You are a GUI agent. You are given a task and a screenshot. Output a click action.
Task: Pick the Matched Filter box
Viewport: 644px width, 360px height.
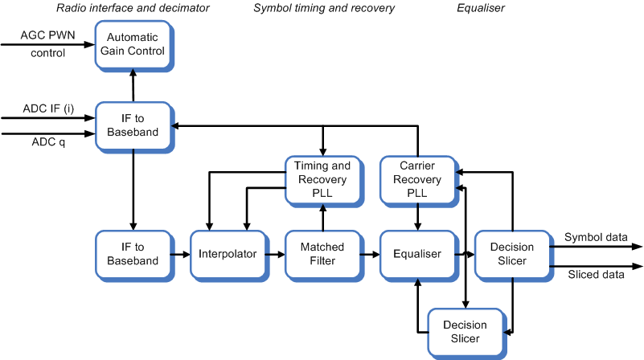click(x=322, y=254)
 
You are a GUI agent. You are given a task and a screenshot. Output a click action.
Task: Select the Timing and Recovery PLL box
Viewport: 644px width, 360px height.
click(x=322, y=179)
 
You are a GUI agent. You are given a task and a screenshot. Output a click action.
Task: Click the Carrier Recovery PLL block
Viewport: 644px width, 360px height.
click(x=416, y=179)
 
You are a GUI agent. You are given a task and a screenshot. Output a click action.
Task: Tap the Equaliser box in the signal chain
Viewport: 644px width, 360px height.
click(x=416, y=254)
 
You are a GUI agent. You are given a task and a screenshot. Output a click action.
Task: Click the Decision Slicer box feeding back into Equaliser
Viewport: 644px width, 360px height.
click(x=464, y=331)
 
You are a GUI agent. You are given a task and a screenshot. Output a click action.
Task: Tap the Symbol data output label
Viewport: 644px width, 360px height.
click(x=596, y=237)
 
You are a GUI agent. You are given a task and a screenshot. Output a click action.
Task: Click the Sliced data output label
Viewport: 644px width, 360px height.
click(x=596, y=274)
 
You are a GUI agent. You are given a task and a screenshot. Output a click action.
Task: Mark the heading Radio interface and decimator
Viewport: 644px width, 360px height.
click(x=133, y=8)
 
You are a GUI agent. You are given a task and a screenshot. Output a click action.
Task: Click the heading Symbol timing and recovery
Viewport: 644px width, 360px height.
click(x=324, y=8)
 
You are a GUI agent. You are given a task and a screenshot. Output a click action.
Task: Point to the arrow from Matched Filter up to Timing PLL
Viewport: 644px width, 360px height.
click(x=322, y=216)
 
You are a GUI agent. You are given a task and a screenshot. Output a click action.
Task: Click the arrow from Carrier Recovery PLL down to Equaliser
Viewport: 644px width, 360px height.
click(x=416, y=216)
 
